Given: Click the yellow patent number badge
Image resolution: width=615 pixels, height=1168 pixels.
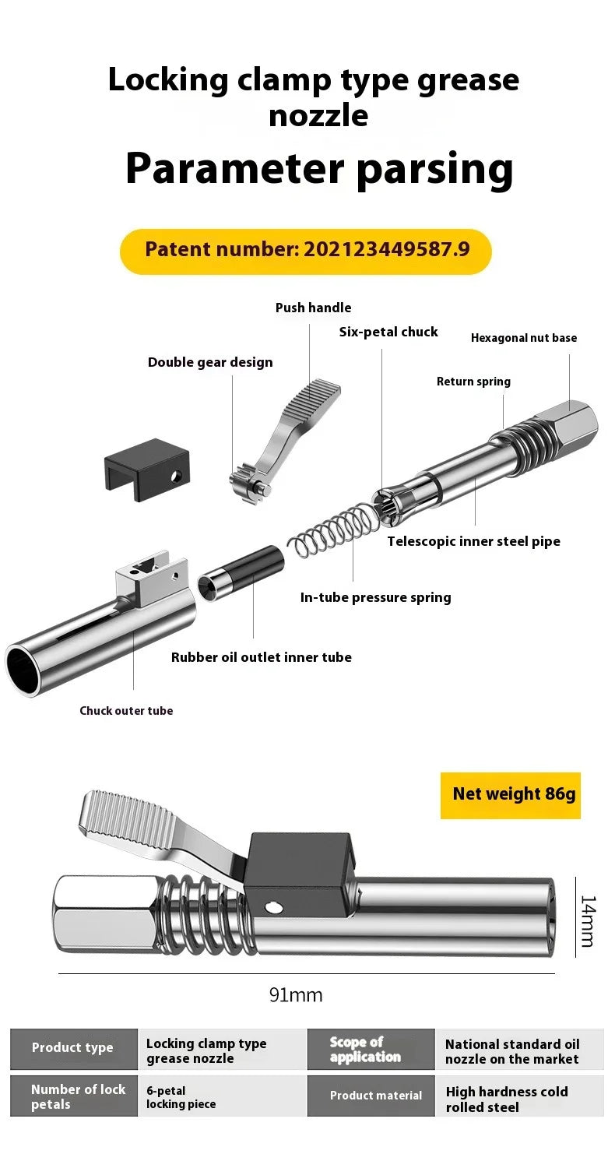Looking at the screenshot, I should pyautogui.click(x=306, y=251).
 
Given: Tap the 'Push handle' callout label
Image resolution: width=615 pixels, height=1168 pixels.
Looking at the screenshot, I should pyautogui.click(x=313, y=308).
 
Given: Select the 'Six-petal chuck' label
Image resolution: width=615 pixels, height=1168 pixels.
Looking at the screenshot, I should pyautogui.click(x=388, y=332).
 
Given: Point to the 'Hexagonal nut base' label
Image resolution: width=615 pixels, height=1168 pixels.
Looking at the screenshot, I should pyautogui.click(x=524, y=338).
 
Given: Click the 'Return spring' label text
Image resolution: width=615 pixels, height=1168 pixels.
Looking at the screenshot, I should pyautogui.click(x=473, y=382).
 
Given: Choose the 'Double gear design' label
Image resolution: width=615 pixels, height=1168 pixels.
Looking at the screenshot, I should pyautogui.click(x=210, y=362).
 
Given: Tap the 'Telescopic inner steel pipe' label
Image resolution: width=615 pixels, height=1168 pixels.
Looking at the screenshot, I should pyautogui.click(x=473, y=541).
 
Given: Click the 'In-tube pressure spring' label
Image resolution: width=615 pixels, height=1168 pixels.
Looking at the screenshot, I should pyautogui.click(x=375, y=597).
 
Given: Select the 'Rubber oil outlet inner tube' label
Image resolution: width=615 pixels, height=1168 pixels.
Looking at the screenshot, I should pyautogui.click(x=261, y=657).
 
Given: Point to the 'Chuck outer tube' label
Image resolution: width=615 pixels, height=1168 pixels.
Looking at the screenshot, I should pyautogui.click(x=126, y=710).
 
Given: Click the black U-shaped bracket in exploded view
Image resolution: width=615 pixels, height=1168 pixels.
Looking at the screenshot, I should pyautogui.click(x=148, y=470).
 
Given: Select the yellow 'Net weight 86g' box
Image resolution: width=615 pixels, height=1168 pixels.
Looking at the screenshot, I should pyautogui.click(x=511, y=795).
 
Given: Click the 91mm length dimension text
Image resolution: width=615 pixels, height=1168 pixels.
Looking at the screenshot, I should pyautogui.click(x=296, y=995).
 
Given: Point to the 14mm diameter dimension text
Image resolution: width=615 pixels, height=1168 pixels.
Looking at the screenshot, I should pyautogui.click(x=588, y=921).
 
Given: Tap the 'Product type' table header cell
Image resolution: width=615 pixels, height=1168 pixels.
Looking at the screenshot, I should pyautogui.click(x=73, y=1048).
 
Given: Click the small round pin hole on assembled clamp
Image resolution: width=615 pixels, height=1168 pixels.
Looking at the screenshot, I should pyautogui.click(x=272, y=906).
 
